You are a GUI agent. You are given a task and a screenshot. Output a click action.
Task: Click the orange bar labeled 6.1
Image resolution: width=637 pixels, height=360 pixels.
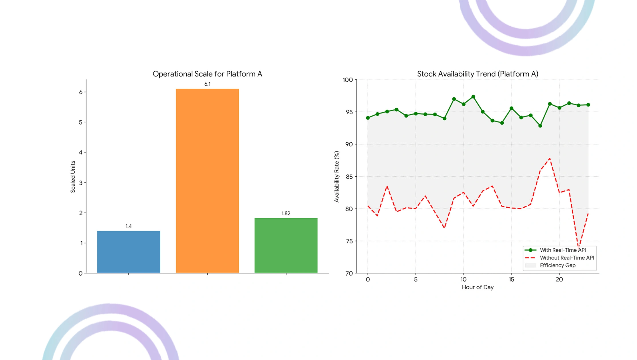[207, 181]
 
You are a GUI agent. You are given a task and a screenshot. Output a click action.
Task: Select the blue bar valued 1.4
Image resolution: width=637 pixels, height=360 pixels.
[129, 252]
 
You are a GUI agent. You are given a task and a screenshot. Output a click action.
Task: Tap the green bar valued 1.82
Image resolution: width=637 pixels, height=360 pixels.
[286, 246]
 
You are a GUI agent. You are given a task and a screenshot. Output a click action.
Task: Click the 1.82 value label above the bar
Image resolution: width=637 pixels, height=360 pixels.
[286, 213]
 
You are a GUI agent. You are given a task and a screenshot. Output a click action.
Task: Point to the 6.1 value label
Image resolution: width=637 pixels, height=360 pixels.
[207, 84]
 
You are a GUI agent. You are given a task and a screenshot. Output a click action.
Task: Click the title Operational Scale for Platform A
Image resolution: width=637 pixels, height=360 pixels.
[207, 74]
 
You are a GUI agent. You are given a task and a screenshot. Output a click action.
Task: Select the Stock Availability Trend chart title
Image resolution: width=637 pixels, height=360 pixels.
[478, 74]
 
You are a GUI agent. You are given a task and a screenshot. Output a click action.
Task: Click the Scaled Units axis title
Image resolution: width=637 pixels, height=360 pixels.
[73, 176]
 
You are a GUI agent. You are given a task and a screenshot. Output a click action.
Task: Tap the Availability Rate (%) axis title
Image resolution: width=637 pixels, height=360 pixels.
[337, 176]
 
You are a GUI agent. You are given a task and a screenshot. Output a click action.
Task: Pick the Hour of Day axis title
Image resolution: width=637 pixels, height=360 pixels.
[478, 287]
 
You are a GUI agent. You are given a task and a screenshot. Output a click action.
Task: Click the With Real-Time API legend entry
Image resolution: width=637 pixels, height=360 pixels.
[555, 250]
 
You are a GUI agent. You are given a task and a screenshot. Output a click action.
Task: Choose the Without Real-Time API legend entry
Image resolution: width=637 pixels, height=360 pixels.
[559, 258]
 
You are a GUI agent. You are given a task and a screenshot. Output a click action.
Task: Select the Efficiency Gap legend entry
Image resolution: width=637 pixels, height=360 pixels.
[550, 265]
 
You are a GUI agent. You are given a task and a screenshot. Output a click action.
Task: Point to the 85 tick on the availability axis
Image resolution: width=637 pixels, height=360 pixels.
[349, 177]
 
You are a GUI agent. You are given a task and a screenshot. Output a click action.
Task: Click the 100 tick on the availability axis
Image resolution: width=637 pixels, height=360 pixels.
[348, 80]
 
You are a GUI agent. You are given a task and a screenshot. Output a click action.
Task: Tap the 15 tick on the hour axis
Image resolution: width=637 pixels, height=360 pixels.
[511, 280]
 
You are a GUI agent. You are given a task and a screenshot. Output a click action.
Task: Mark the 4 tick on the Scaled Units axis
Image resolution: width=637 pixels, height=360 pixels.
[81, 152]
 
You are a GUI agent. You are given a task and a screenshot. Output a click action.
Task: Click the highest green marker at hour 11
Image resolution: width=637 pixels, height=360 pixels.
[473, 97]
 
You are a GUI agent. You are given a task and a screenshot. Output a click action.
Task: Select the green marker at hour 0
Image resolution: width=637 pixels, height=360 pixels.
[368, 118]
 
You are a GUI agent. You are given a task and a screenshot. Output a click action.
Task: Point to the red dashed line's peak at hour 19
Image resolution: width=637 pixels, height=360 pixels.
[550, 158]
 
